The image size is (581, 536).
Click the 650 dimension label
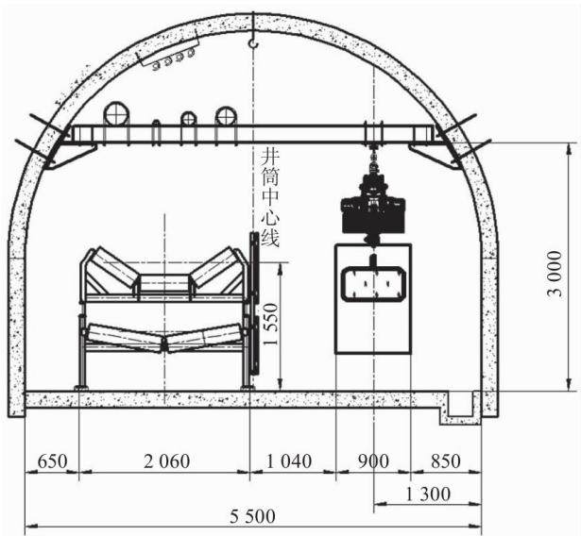click(x=53, y=461)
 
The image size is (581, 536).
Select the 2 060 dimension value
click(x=166, y=461)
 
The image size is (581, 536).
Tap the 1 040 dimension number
click(x=289, y=461)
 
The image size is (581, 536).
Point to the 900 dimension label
click(x=373, y=461)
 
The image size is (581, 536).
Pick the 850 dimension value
click(x=445, y=461)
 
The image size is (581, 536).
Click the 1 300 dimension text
click(x=428, y=494)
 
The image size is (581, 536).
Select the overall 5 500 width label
click(x=252, y=516)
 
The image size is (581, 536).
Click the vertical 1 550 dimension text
click(x=270, y=325)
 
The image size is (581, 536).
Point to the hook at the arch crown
click(x=253, y=42)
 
